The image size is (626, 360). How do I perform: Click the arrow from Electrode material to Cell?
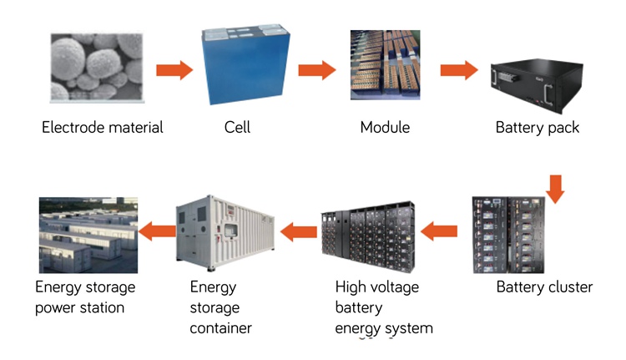click(174, 68)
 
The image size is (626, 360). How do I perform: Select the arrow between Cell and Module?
click(316, 68)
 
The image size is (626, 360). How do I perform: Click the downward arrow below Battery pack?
click(556, 187)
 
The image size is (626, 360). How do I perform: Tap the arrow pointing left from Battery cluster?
click(439, 229)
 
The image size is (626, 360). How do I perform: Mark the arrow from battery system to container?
click(298, 229)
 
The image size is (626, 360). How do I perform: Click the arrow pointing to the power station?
click(155, 229)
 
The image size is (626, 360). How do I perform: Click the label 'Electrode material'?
click(103, 128)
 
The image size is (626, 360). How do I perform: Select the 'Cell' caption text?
click(237, 128)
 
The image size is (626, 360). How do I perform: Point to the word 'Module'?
click(385, 128)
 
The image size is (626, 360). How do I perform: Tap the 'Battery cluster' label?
click(544, 287)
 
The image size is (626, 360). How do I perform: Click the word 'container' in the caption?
click(220, 328)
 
